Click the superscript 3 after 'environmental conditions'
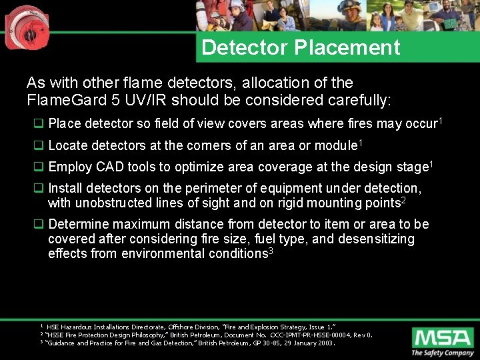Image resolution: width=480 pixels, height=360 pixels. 271,250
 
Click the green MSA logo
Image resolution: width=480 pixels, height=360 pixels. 442,337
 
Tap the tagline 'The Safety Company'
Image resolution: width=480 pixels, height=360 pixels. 442,353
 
